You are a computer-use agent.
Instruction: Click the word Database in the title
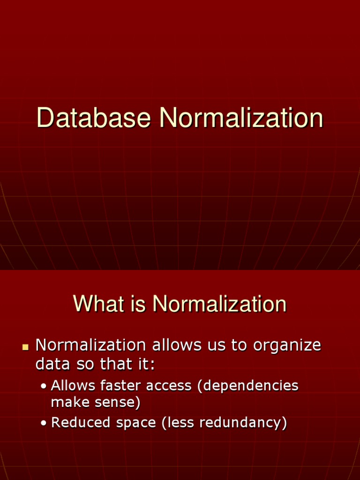pos(93,118)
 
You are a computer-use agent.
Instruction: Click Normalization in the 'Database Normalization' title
pos(241,118)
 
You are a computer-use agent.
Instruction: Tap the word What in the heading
pos(96,304)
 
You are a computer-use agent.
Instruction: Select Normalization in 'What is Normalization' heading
pos(219,304)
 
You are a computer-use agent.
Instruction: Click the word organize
pos(287,346)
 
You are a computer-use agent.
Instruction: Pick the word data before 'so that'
pos(50,364)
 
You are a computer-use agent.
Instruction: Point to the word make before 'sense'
pos(69,402)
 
